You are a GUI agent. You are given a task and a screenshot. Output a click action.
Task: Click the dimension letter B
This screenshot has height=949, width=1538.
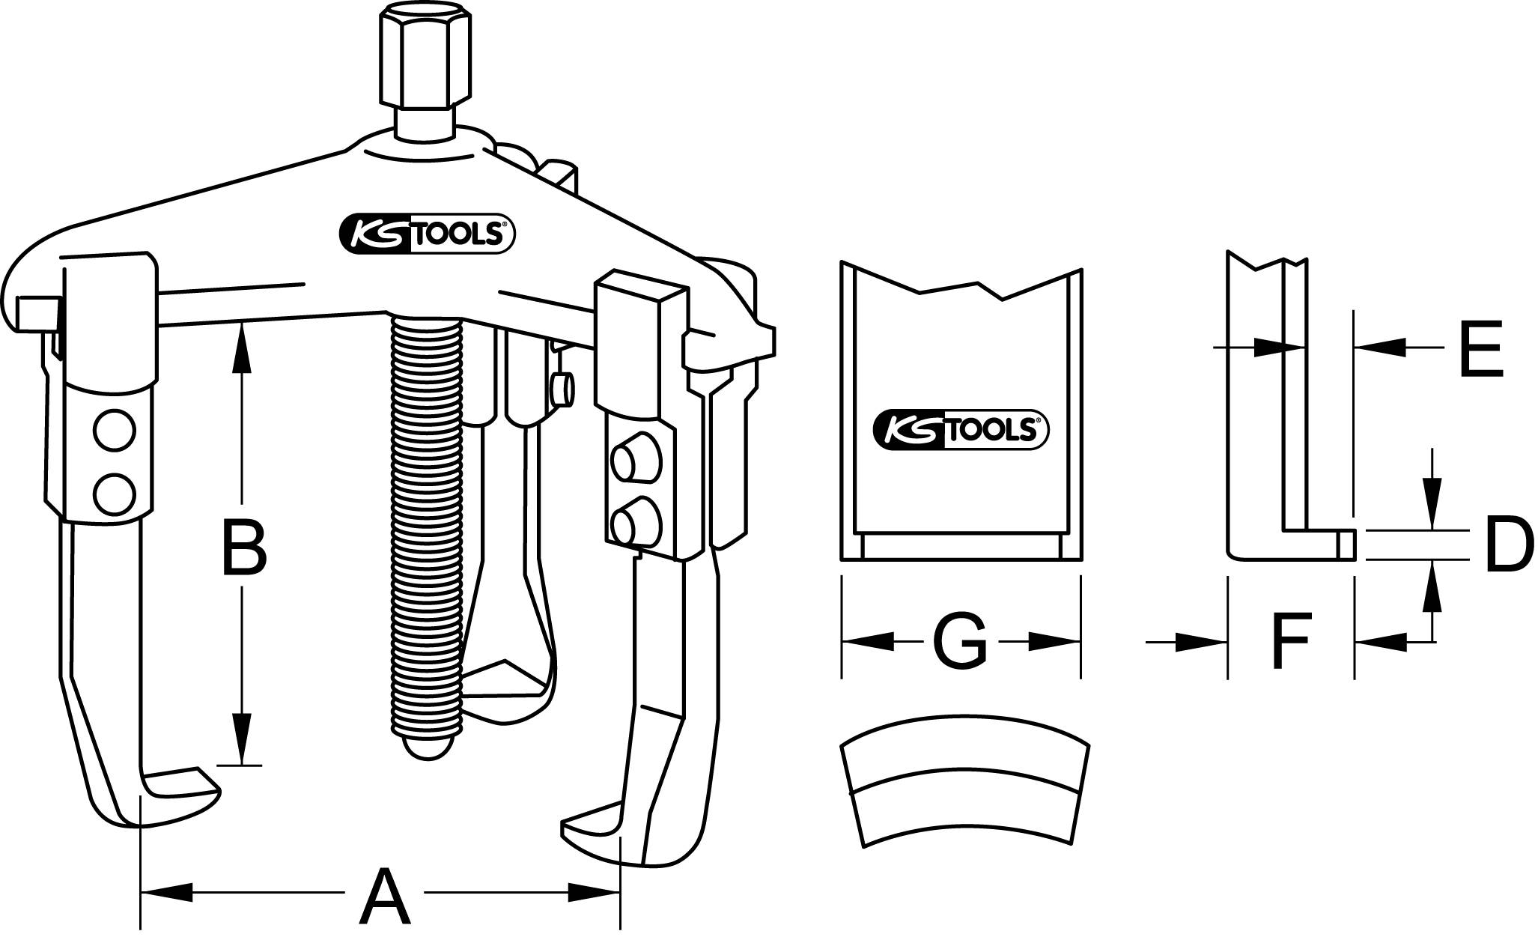point(244,551)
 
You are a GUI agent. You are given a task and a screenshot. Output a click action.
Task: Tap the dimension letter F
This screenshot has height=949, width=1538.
point(1290,641)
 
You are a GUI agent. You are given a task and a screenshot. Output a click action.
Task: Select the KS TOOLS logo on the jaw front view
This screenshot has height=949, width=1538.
point(961,430)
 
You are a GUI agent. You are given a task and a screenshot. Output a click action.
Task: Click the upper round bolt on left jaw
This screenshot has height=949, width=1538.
point(115,431)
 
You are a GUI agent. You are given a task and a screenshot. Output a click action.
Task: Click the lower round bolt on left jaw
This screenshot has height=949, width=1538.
point(115,494)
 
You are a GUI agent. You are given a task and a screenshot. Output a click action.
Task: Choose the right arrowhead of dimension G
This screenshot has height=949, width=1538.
point(1056,640)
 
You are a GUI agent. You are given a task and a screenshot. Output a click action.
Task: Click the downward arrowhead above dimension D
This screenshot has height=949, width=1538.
point(1431,515)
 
